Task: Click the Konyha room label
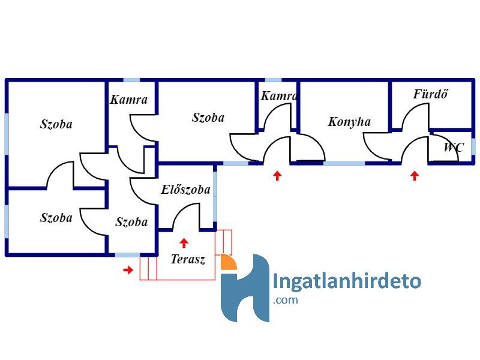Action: point(349,122)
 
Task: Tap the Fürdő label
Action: point(430,94)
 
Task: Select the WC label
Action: point(454,147)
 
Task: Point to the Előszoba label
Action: point(186,190)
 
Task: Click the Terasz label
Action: point(188,259)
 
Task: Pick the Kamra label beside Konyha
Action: point(278,96)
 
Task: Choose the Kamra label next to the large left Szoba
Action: point(129,100)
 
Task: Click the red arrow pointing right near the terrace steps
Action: point(128,269)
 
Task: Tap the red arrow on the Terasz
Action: point(184,243)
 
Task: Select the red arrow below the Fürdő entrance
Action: point(415,176)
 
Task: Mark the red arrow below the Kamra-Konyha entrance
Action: point(277,176)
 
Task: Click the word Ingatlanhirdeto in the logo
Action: point(347,280)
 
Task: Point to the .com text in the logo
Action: point(286,299)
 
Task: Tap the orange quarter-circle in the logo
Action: point(227,263)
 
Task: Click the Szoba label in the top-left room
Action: point(56,124)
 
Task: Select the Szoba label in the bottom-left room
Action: point(56,218)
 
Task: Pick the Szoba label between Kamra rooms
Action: point(208,118)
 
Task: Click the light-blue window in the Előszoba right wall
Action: point(215,197)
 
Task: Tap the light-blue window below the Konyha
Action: point(344,163)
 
